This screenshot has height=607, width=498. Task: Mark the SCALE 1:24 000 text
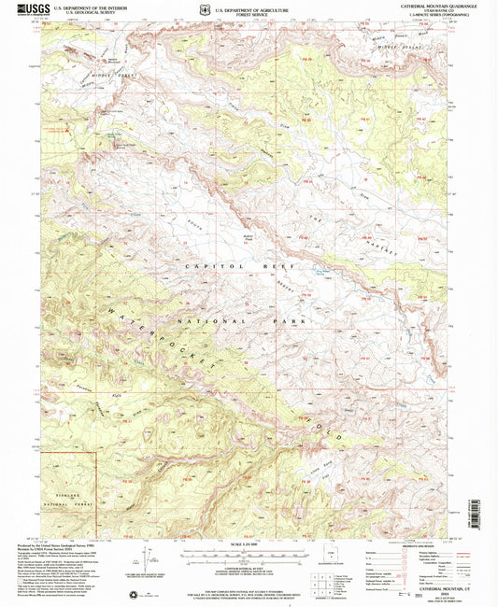tap(248, 549)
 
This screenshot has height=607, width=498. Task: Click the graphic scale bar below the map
tap(248, 561)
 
